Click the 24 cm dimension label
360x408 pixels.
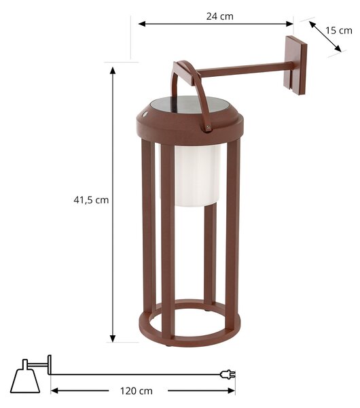[220, 16]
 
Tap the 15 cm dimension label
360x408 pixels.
[339, 31]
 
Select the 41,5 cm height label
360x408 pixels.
[91, 200]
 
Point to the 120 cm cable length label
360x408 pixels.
[137, 391]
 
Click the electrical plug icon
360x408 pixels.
[228, 375]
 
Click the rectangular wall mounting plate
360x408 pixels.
[295, 65]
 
